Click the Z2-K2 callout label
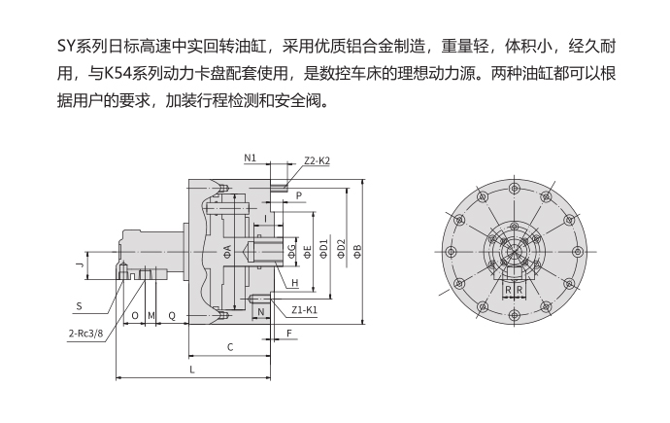317,160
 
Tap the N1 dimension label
250,157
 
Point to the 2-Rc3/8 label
86,332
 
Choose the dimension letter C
230,346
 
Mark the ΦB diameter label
357,251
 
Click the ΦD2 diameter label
341,251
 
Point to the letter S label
80,305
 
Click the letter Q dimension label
172,316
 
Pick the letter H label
294,283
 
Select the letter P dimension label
298,195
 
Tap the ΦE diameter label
308,251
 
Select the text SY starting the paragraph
70,47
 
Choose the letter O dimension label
135,316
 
